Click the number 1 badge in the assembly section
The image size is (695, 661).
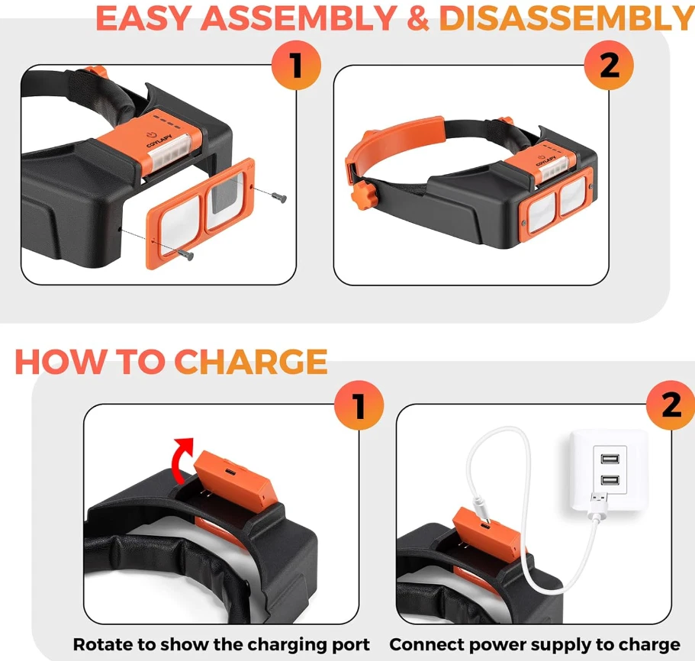(296, 65)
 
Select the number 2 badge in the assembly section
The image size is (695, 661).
(609, 65)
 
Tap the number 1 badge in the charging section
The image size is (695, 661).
(359, 405)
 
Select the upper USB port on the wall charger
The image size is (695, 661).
(610, 459)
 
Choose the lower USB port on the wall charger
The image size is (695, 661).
(610, 480)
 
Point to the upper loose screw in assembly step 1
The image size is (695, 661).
(278, 198)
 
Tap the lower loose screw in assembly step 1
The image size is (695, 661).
(185, 253)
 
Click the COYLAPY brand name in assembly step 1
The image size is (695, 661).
(159, 140)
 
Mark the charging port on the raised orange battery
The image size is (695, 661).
(230, 471)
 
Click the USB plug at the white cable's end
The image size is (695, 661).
(598, 505)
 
